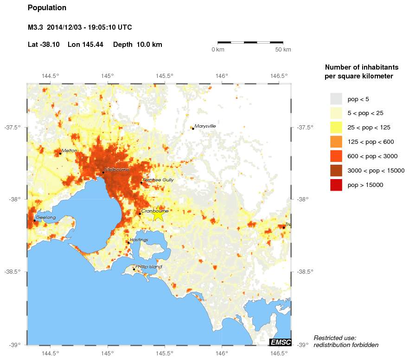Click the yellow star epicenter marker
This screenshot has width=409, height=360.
tap(158, 214)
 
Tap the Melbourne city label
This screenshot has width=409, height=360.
tap(117, 170)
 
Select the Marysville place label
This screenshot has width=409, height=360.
tap(205, 126)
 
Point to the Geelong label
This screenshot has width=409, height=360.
tap(46, 218)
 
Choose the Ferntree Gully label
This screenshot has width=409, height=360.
tap(158, 180)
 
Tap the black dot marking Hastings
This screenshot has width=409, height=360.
tap(128, 243)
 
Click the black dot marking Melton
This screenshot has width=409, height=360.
tap(60, 154)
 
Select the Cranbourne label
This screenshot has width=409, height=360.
tap(154, 211)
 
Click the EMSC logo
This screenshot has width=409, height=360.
tap(280, 342)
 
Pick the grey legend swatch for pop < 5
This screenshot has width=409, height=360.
tap(336, 99)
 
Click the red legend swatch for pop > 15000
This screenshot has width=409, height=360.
tap(336, 185)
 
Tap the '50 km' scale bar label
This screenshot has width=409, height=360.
tap(283, 50)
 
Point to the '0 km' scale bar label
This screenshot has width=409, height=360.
tap(218, 50)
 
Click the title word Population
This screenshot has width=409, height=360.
tap(47, 8)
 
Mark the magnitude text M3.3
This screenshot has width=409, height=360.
tap(35, 27)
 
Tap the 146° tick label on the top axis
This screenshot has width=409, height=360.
tap(222, 76)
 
